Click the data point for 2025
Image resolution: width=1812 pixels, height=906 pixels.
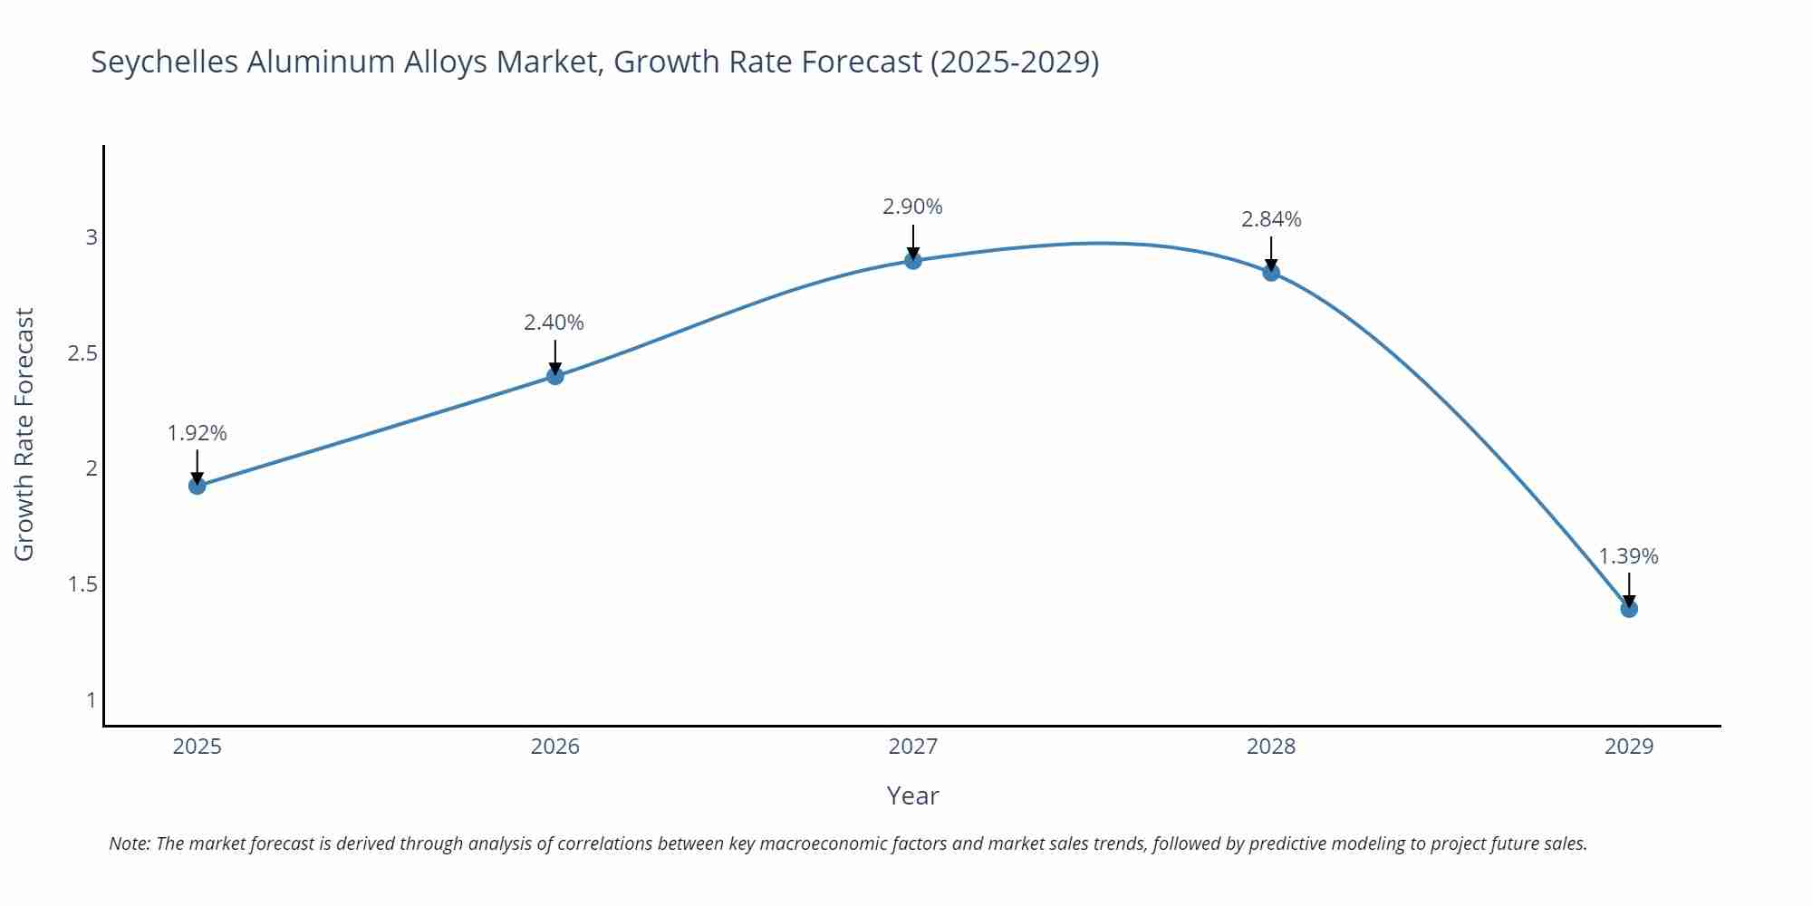(x=198, y=486)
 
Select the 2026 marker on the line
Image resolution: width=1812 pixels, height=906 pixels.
(x=555, y=375)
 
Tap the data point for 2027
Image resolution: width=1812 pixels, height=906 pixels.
(x=913, y=261)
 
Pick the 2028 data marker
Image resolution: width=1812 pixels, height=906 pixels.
(x=1271, y=273)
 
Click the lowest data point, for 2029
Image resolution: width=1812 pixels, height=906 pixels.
(x=1629, y=609)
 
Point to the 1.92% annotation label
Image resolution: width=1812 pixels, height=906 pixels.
(x=198, y=433)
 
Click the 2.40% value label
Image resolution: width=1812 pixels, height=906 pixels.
(x=554, y=323)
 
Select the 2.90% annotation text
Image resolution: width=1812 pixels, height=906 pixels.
(x=912, y=207)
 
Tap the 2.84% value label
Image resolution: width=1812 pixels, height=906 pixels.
(x=1271, y=219)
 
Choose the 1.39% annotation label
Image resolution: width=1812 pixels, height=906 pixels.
(x=1628, y=556)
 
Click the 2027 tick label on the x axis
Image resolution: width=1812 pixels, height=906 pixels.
(x=913, y=747)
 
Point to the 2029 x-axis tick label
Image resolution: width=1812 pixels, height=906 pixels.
(x=1629, y=747)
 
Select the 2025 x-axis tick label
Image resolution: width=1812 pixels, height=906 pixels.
(x=198, y=747)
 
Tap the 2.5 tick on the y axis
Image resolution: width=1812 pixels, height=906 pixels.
(x=82, y=353)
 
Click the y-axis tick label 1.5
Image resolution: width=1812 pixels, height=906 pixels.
(x=82, y=584)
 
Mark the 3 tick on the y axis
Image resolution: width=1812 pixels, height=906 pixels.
(x=92, y=237)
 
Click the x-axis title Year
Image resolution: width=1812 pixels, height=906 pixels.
(x=913, y=795)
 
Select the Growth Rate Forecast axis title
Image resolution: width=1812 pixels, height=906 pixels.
(x=24, y=434)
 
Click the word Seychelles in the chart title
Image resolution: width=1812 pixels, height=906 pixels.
(x=165, y=62)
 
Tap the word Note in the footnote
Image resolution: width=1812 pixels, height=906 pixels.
(x=130, y=843)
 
